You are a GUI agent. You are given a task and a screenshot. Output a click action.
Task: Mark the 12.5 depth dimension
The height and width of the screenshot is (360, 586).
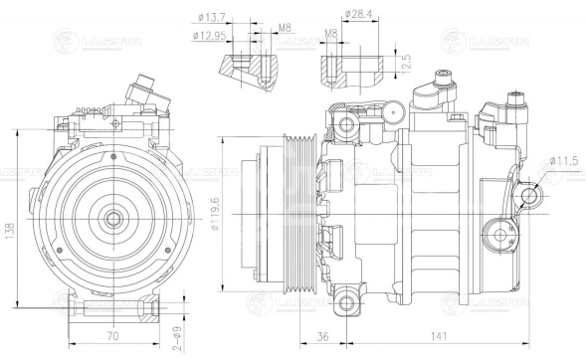405,65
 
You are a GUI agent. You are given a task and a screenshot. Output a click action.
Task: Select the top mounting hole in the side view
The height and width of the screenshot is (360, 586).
346,123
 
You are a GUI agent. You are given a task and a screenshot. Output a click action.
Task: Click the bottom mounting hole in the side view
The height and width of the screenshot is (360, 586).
346,301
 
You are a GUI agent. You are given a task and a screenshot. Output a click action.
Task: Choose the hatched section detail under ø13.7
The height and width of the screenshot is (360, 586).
244,72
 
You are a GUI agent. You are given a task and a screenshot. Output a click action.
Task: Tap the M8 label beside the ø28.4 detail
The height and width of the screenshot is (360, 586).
331,36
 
